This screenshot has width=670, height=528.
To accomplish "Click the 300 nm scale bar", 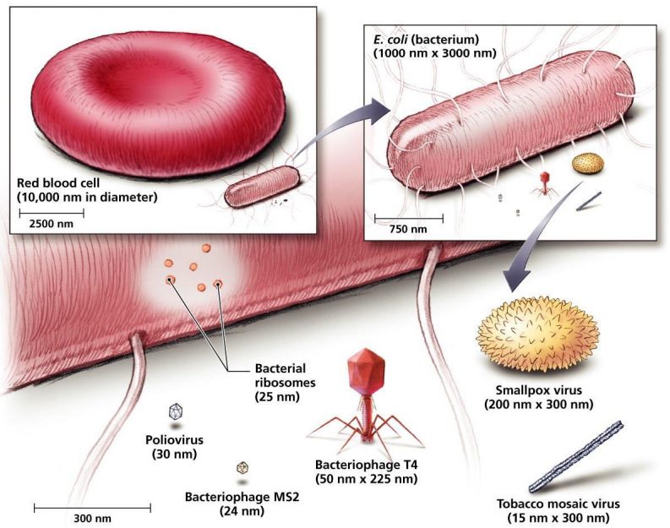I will tap(92, 508).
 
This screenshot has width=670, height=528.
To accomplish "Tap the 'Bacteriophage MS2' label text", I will tap(242, 497).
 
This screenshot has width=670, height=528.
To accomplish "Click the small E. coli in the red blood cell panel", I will tap(262, 187).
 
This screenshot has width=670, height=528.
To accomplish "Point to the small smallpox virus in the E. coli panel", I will tap(587, 164).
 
